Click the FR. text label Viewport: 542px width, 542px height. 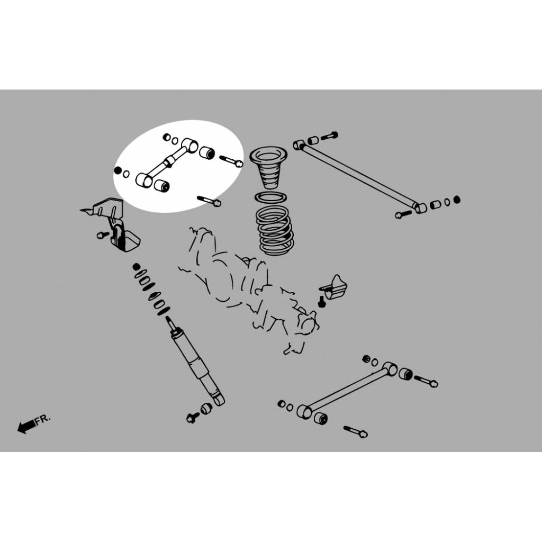click(x=42, y=419)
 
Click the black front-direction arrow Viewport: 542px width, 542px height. click(x=26, y=427)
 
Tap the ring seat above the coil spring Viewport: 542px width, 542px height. click(x=270, y=198)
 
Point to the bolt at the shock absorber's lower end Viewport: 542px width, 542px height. click(x=192, y=418)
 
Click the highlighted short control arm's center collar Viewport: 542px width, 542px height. click(x=169, y=162)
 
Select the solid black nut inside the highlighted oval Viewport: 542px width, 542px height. click(x=118, y=170)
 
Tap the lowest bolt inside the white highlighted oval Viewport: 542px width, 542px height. click(x=209, y=201)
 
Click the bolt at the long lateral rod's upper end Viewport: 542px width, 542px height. click(x=329, y=136)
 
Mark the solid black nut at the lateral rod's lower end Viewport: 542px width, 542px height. click(x=457, y=200)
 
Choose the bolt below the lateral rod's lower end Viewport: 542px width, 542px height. click(x=403, y=214)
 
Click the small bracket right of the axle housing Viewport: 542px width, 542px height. click(x=335, y=287)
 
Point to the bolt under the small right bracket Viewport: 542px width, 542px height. click(x=322, y=301)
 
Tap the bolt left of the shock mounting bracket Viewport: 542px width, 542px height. click(x=103, y=235)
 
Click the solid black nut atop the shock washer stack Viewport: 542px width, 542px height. click(x=137, y=267)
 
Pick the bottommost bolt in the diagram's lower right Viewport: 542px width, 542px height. click(x=356, y=432)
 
